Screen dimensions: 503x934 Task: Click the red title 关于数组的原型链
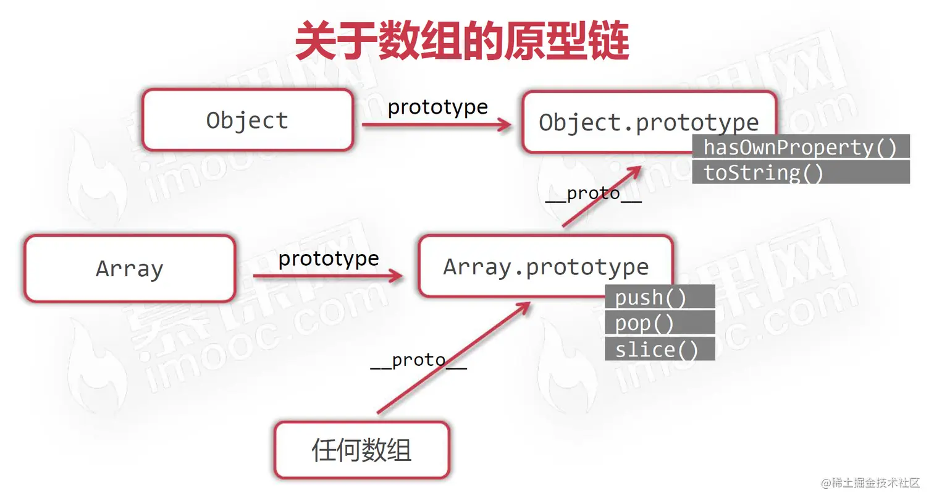pos(462,41)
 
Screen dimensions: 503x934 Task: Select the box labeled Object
pos(247,120)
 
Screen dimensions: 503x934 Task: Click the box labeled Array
pos(130,269)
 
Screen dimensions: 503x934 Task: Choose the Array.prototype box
pos(545,267)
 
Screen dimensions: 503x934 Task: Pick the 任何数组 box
pos(361,450)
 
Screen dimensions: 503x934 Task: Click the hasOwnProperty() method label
pos(800,147)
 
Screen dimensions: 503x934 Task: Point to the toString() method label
pos(764,172)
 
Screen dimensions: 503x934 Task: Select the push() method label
pos(650,297)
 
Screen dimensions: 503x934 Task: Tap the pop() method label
pos(644,323)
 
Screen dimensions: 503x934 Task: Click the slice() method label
pos(656,349)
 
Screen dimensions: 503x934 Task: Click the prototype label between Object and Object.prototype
pos(437,107)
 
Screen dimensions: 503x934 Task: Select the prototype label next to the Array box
pos(328,258)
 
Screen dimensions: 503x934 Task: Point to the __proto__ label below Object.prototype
pos(593,194)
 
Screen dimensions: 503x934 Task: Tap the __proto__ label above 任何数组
pos(418,360)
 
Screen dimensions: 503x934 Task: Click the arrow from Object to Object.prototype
pos(436,125)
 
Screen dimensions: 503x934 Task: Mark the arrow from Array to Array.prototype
pos(327,276)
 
